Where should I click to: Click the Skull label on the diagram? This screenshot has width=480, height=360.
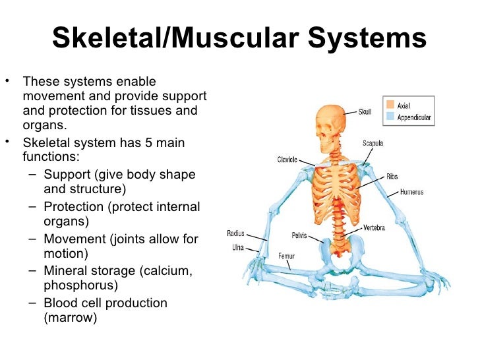(x=365, y=112)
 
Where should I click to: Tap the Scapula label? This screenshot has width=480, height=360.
(x=373, y=143)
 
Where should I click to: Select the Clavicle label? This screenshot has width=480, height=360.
(x=287, y=160)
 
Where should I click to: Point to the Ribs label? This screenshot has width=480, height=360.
(x=392, y=177)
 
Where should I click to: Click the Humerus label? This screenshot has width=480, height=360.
(x=411, y=193)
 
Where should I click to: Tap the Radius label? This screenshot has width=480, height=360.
(x=235, y=233)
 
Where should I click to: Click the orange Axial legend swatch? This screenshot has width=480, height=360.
(x=390, y=104)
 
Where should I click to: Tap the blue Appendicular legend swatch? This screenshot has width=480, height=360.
(x=390, y=117)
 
